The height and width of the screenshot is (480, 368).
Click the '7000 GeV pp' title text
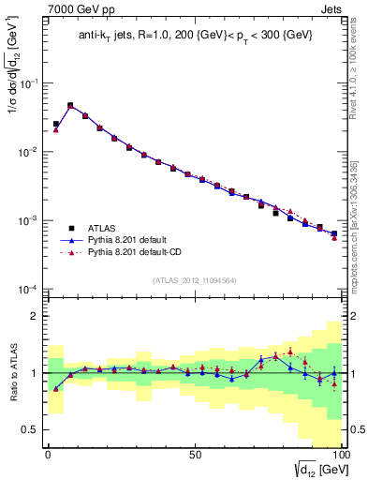point(81,10)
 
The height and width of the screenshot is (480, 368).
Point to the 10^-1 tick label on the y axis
point(28,83)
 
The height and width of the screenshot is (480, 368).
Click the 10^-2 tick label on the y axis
point(28,152)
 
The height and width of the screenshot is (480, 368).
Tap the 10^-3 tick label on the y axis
point(28,220)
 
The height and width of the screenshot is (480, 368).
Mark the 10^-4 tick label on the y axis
point(28,289)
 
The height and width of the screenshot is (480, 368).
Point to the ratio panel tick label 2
point(35,316)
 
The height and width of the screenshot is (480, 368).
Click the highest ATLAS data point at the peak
point(70,106)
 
